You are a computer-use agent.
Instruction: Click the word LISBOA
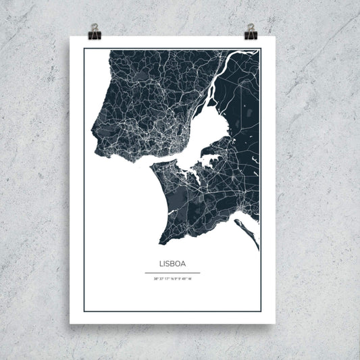coord(172,265)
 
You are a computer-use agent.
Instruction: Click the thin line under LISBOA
coord(172,272)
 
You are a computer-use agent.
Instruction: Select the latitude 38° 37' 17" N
coord(162,278)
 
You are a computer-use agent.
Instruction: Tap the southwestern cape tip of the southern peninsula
coord(160,242)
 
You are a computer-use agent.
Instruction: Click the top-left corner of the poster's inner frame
coord(84,49)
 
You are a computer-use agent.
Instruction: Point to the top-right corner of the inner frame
coord(259,49)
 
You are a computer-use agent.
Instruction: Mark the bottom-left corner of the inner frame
coord(84,311)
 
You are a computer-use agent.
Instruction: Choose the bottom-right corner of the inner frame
coord(259,311)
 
